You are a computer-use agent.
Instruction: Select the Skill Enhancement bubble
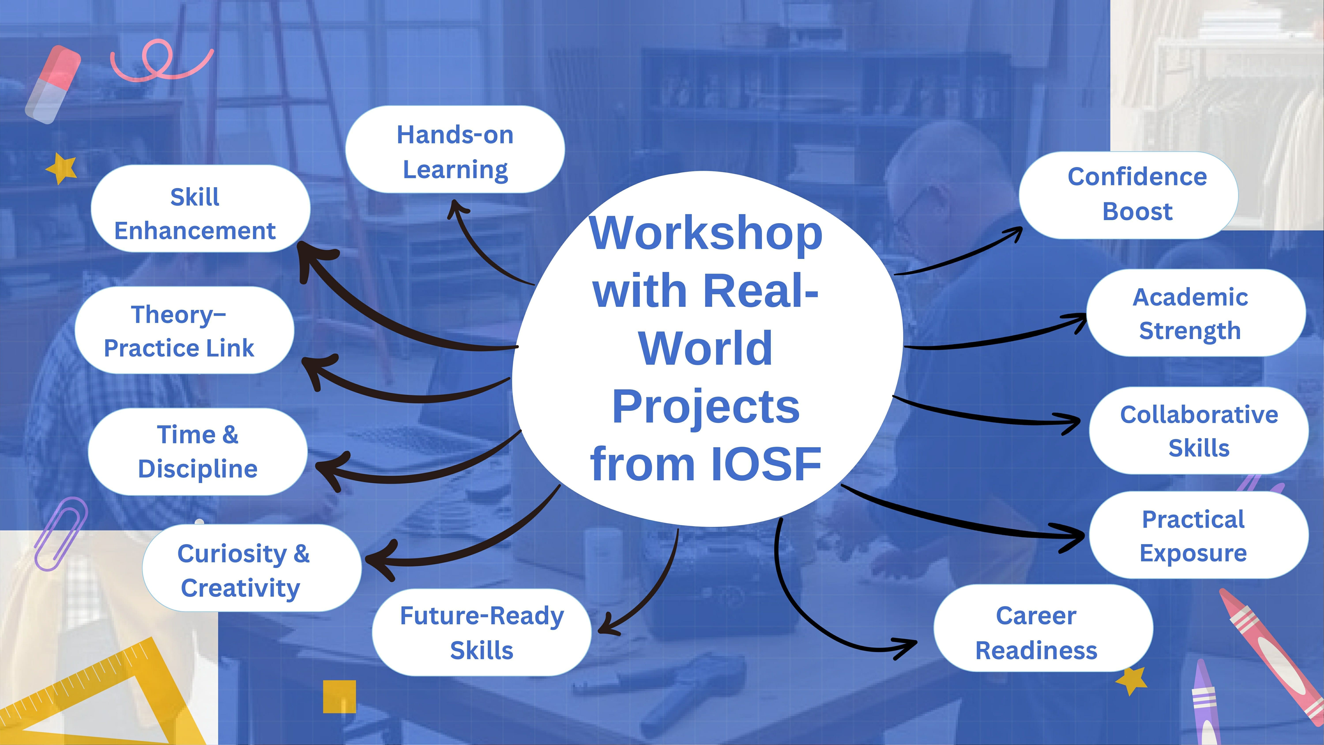tap(200, 208)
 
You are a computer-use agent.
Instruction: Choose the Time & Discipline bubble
tap(198, 451)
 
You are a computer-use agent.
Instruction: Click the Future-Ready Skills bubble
tap(481, 632)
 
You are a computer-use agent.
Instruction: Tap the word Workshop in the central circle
tap(706, 234)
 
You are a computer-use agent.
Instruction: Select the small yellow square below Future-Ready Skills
tap(339, 697)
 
